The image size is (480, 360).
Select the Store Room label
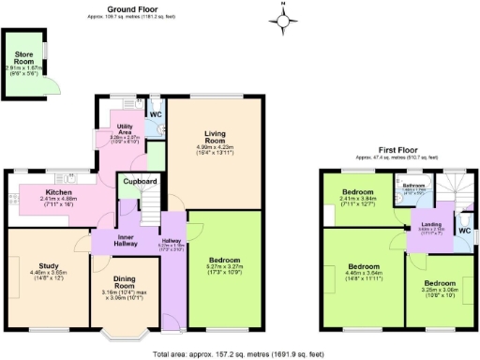tap(23, 58)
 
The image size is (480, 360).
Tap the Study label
tap(47, 267)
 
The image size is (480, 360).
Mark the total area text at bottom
tap(239, 353)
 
